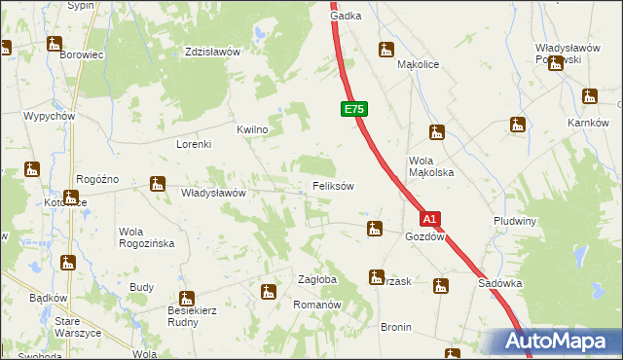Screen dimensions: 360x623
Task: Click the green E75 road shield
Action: click(354, 110)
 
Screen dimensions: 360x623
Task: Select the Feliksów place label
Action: click(333, 185)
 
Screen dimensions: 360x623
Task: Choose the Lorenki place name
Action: click(194, 143)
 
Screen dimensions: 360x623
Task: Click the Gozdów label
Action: click(425, 236)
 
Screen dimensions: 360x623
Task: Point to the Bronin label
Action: click(396, 327)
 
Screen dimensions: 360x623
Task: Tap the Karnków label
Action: click(588, 123)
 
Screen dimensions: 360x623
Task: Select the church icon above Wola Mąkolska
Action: click(437, 133)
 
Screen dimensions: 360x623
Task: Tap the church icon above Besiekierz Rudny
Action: click(187, 299)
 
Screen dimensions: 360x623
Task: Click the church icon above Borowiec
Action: click(55, 44)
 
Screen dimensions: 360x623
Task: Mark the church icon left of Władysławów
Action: click(158, 183)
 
